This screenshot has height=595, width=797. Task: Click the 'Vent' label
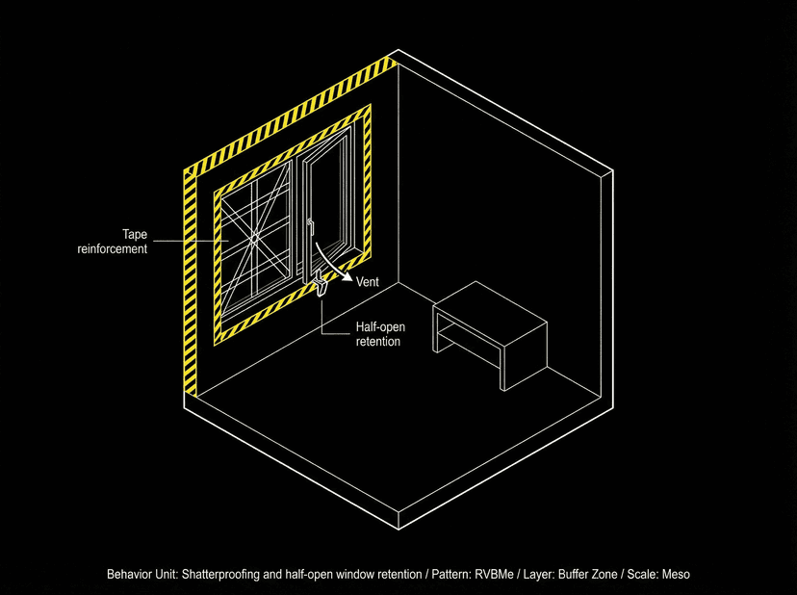[x=368, y=282]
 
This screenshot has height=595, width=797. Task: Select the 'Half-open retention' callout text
[x=377, y=334]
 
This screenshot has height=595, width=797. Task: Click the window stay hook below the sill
[x=321, y=285]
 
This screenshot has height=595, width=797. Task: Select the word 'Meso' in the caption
[x=674, y=574]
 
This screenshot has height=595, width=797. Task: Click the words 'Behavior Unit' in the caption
[x=141, y=574]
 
